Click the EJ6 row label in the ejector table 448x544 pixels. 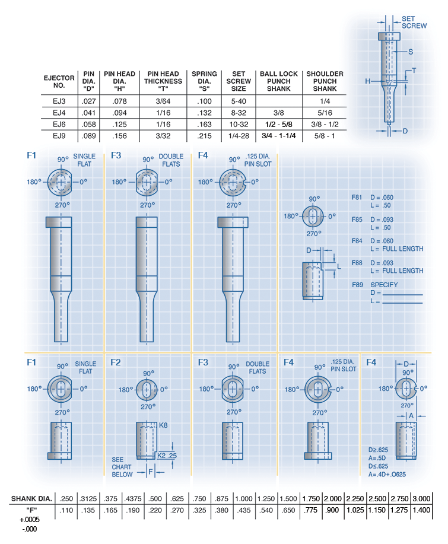point(59,123)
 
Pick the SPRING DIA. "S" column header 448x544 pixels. point(204,81)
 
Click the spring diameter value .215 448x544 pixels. point(204,135)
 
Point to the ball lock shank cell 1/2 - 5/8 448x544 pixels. point(279,123)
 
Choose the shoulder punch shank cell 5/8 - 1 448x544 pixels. point(325,135)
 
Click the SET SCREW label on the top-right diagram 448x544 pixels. point(414,23)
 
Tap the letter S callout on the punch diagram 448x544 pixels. point(411,52)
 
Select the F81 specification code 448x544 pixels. point(357,196)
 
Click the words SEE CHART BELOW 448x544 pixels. point(123,467)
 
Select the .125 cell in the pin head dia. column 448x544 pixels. point(119,123)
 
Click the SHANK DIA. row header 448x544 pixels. point(30,498)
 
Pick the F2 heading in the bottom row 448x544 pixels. point(116,362)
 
